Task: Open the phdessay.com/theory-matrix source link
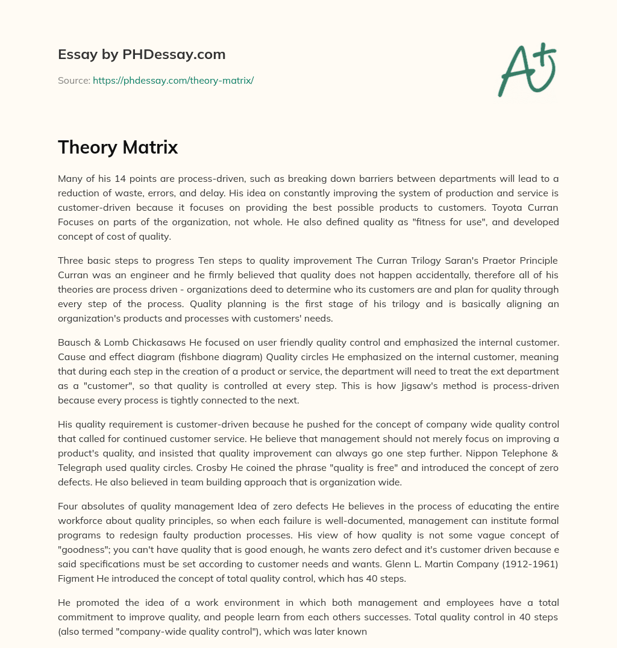coord(173,80)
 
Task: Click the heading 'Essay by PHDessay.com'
coord(142,54)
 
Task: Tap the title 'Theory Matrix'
coord(117,148)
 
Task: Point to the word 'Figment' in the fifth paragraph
coord(75,578)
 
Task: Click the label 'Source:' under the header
coord(74,80)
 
